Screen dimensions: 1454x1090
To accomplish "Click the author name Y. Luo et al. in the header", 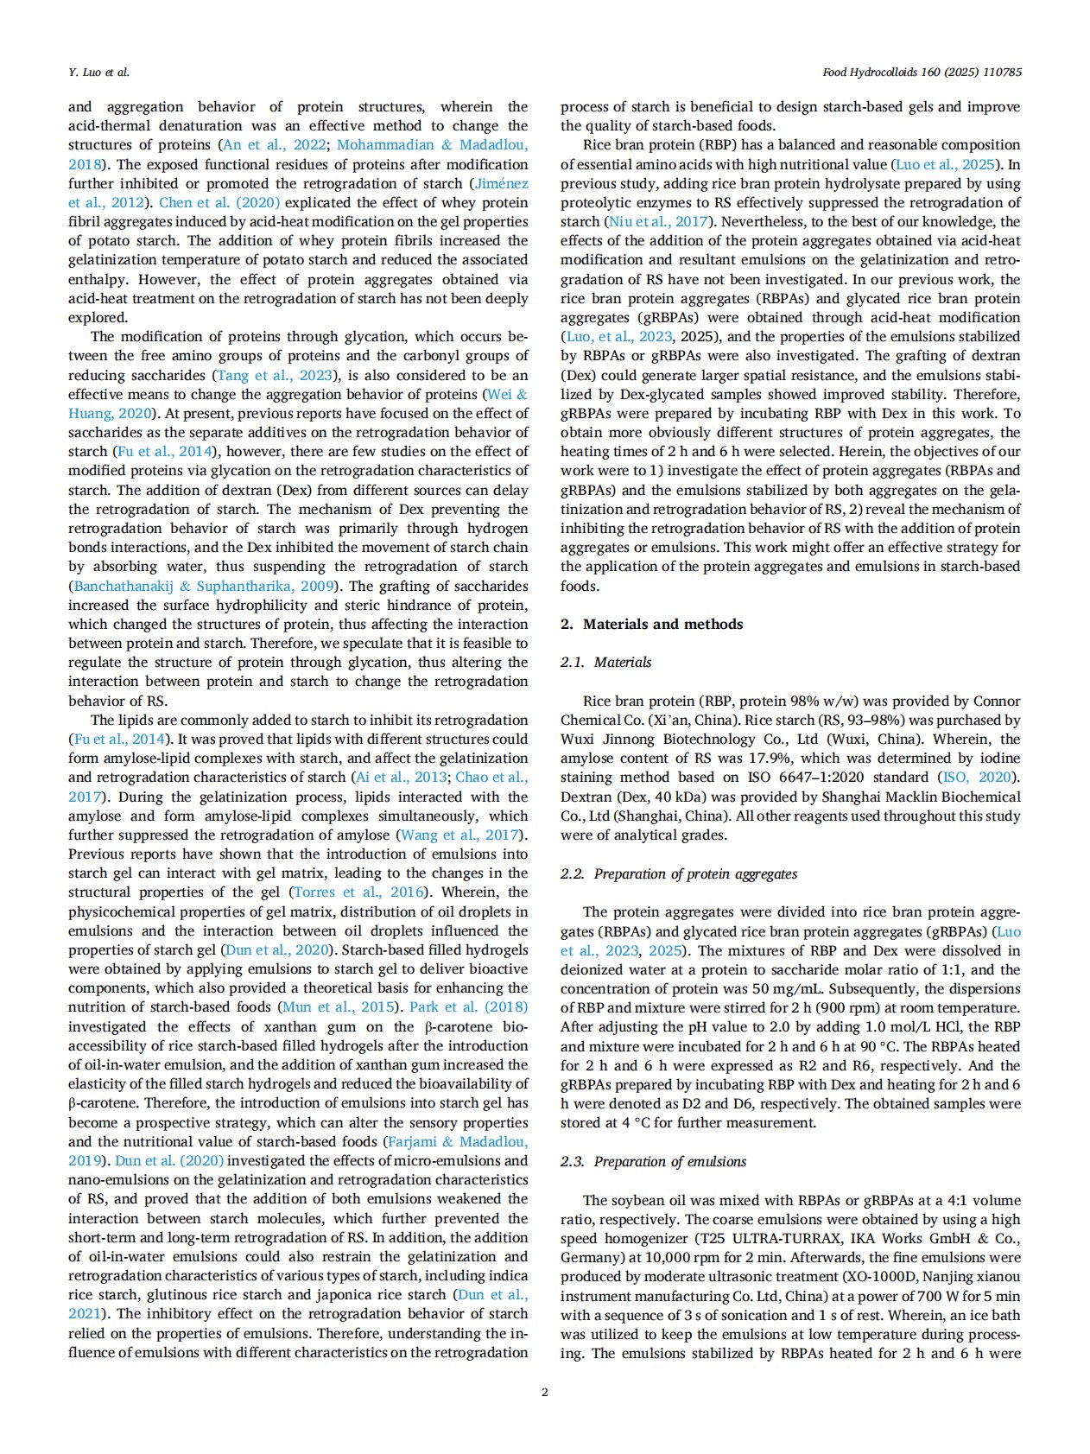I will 98,72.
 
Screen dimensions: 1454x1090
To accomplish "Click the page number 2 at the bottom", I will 544,1392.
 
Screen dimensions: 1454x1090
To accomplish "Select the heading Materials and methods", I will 662,624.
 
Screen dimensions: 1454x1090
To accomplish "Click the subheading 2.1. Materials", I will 605,662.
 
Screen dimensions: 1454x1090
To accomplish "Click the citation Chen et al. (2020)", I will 219,202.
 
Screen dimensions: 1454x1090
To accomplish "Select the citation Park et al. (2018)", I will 468,1006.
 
